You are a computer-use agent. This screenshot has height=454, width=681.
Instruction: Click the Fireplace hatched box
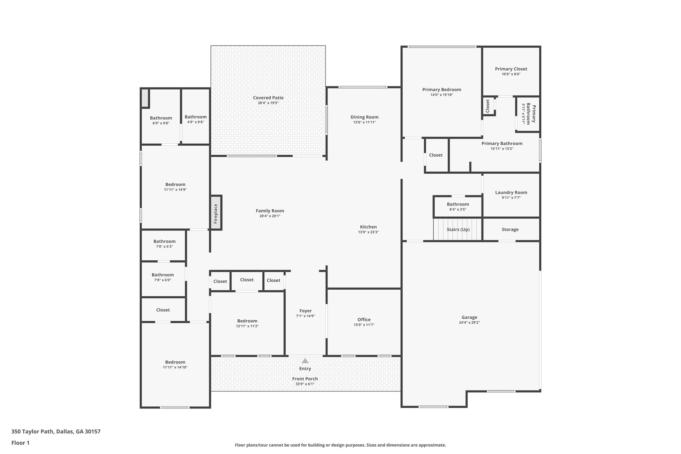tap(216, 213)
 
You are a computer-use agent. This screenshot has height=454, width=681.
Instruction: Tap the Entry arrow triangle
tap(305, 361)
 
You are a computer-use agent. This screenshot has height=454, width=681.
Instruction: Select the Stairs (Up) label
tap(458, 229)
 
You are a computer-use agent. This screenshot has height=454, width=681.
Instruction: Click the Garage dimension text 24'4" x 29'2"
tap(469, 322)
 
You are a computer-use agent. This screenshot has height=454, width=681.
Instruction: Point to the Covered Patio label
tap(268, 98)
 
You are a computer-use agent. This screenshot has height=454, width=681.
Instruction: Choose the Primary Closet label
tap(511, 69)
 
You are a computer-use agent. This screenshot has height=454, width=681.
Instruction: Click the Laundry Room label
tap(511, 192)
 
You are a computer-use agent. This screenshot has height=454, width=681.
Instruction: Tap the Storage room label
tap(510, 229)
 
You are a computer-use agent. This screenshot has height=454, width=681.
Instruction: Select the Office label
tap(364, 320)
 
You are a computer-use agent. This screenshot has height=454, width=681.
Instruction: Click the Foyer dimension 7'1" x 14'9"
tap(305, 316)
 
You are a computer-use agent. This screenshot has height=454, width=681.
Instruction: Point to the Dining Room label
tap(364, 117)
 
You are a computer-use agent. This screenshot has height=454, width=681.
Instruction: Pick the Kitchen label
tap(368, 227)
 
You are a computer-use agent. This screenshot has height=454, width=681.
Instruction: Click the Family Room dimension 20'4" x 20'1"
tap(270, 216)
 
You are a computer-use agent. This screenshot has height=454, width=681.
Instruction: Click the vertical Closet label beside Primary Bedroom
tap(488, 106)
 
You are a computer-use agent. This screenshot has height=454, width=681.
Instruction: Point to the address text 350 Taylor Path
tap(56, 432)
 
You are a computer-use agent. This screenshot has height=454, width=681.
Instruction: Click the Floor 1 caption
tap(20, 443)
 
